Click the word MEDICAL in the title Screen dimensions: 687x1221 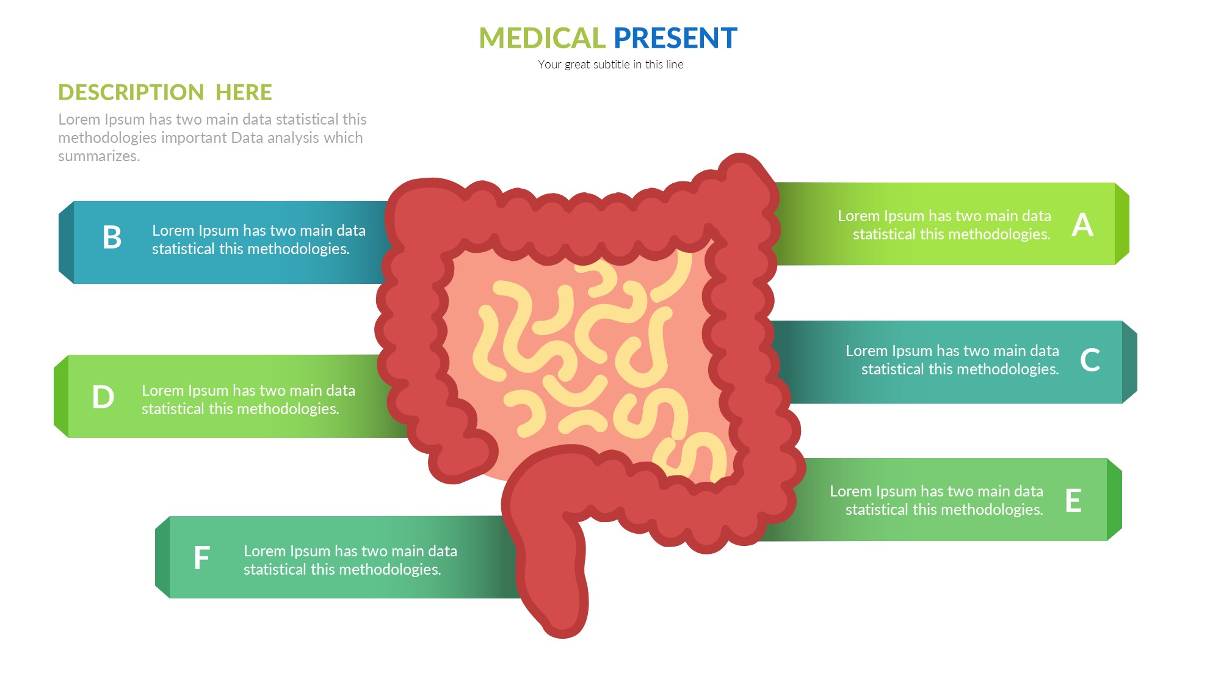pos(542,38)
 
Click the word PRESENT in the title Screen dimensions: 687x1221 pos(675,38)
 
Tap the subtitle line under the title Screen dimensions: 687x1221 pos(610,65)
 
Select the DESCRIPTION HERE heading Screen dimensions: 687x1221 pos(165,92)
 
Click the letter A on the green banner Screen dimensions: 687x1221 pos(1082,225)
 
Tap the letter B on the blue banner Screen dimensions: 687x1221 pos(112,238)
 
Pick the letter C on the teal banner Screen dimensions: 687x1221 pos(1090,360)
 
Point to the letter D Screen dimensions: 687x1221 pos(103,397)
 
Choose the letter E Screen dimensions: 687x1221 pos(1073,501)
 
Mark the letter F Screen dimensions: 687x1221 pos(201,558)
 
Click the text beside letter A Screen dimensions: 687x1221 pos(944,225)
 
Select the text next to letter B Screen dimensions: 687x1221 pos(258,239)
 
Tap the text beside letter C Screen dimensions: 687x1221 pos(952,360)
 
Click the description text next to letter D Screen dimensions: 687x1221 pos(248,399)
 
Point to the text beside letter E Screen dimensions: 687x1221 pos(937,500)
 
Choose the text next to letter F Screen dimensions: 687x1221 pos(350,560)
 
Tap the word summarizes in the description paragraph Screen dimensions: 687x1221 pos(99,156)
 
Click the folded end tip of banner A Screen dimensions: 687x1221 pos(1122,224)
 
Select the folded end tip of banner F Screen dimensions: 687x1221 pos(162,557)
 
